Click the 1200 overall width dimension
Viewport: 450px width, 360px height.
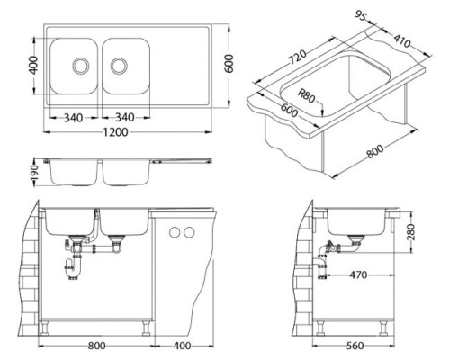tap(116, 132)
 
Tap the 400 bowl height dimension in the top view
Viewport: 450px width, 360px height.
tap(33, 65)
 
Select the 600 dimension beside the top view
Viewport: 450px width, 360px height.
tap(229, 63)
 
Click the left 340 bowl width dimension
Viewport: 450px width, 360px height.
tap(73, 118)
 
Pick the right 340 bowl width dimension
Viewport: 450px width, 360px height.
tap(125, 117)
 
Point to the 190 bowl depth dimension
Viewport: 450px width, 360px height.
tap(35, 173)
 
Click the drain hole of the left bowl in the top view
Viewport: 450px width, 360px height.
tap(81, 66)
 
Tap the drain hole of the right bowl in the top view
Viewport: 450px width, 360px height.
tap(119, 66)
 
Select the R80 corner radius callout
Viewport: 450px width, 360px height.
tap(306, 96)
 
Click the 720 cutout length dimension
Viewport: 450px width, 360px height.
tap(298, 57)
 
